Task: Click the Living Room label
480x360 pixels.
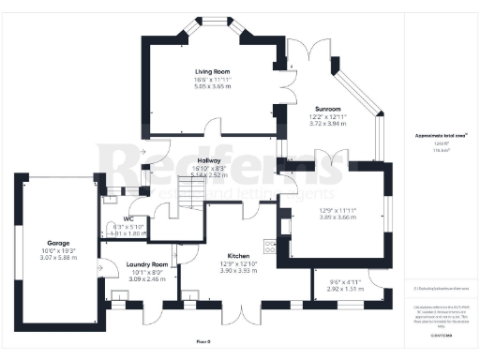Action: click(x=212, y=71)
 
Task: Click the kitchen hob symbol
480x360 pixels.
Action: click(x=270, y=247)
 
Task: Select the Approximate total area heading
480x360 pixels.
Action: click(x=434, y=136)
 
